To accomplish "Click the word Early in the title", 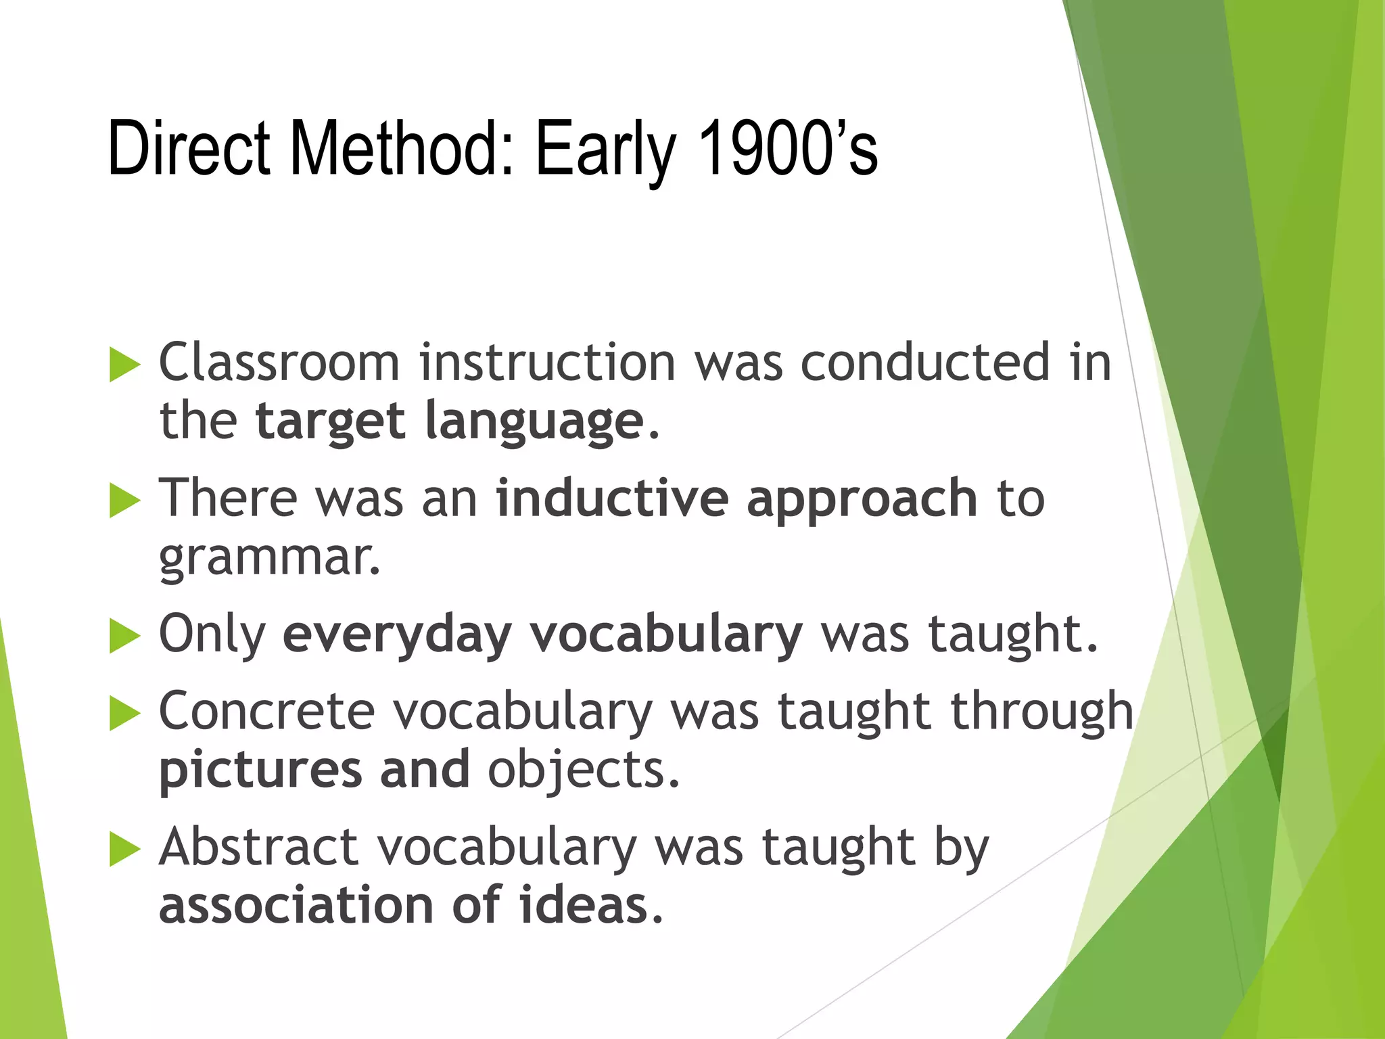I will click(605, 152).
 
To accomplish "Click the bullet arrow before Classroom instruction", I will click(124, 365).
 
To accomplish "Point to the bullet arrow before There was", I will click(124, 501).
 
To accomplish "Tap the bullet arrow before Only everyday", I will click(124, 637).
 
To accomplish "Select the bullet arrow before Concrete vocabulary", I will click(124, 714).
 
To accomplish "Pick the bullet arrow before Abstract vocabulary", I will click(124, 850).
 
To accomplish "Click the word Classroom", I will click(279, 363).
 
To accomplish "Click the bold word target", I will click(331, 423).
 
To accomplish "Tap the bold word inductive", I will click(612, 499).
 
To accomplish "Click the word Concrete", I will click(266, 712).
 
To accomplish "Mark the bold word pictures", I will click(260, 772).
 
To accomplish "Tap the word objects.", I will click(583, 772).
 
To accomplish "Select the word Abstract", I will click(258, 847).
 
